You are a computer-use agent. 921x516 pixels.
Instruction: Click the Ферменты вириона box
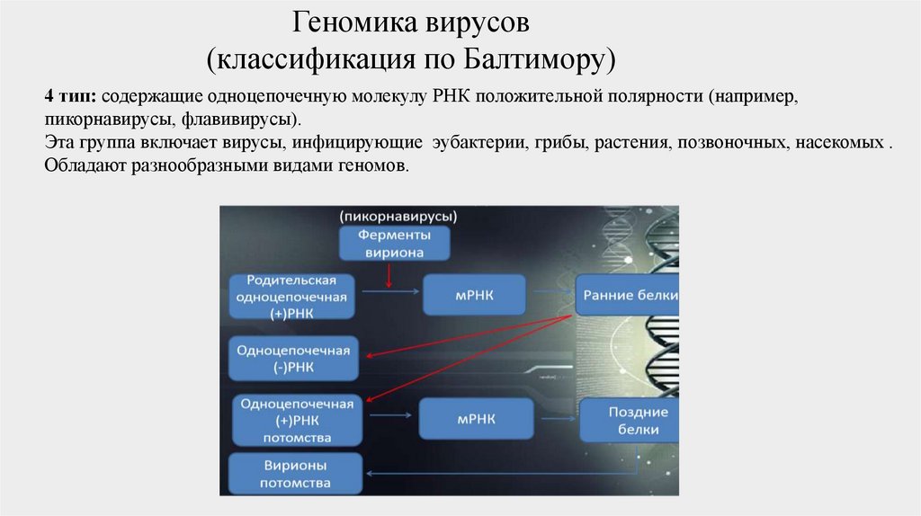[394, 244]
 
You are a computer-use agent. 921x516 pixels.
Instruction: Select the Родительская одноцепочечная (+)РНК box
[291, 296]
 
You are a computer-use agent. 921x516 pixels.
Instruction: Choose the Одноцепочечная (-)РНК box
[293, 357]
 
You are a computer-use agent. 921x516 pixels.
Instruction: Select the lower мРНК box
[475, 419]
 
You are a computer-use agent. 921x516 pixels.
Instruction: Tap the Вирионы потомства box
[295, 475]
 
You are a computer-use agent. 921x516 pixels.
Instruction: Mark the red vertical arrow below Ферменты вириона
[389, 275]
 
